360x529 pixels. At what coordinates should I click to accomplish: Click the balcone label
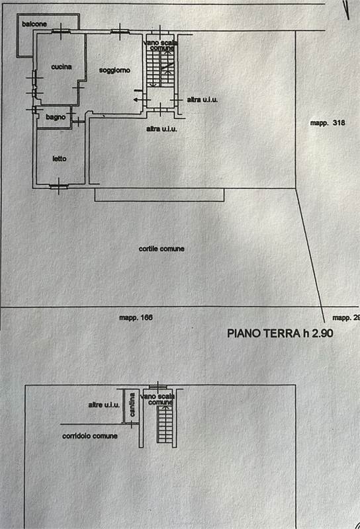coord(34,24)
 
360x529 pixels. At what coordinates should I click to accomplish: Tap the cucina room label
coord(62,67)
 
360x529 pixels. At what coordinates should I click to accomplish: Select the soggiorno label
coord(114,70)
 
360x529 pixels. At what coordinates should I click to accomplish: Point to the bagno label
coord(56,117)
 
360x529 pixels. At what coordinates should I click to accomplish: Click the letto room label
coord(60,159)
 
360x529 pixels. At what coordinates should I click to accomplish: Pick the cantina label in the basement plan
coord(132,405)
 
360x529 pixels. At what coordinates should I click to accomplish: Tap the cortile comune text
coord(161,249)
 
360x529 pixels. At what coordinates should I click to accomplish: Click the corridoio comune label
coord(90,436)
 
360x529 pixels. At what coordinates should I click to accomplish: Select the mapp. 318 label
coord(328,123)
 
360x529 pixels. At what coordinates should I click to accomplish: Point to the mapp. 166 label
coord(136,317)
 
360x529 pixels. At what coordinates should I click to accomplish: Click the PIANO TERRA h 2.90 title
coord(281,333)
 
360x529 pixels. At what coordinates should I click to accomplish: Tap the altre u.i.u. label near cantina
coord(104,405)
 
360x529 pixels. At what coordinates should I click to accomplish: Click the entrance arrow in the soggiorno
coord(138,100)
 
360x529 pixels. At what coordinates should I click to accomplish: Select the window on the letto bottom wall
coord(59,186)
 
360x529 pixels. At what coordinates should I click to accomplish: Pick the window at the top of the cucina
coord(61,32)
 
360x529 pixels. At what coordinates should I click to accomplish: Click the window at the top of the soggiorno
coord(120,32)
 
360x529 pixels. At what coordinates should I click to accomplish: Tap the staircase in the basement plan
coord(165,425)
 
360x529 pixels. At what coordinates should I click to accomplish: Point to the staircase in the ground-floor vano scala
coord(160,68)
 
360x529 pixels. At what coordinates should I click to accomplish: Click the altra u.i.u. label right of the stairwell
coord(202,100)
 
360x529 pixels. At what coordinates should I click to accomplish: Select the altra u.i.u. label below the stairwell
coord(161,129)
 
